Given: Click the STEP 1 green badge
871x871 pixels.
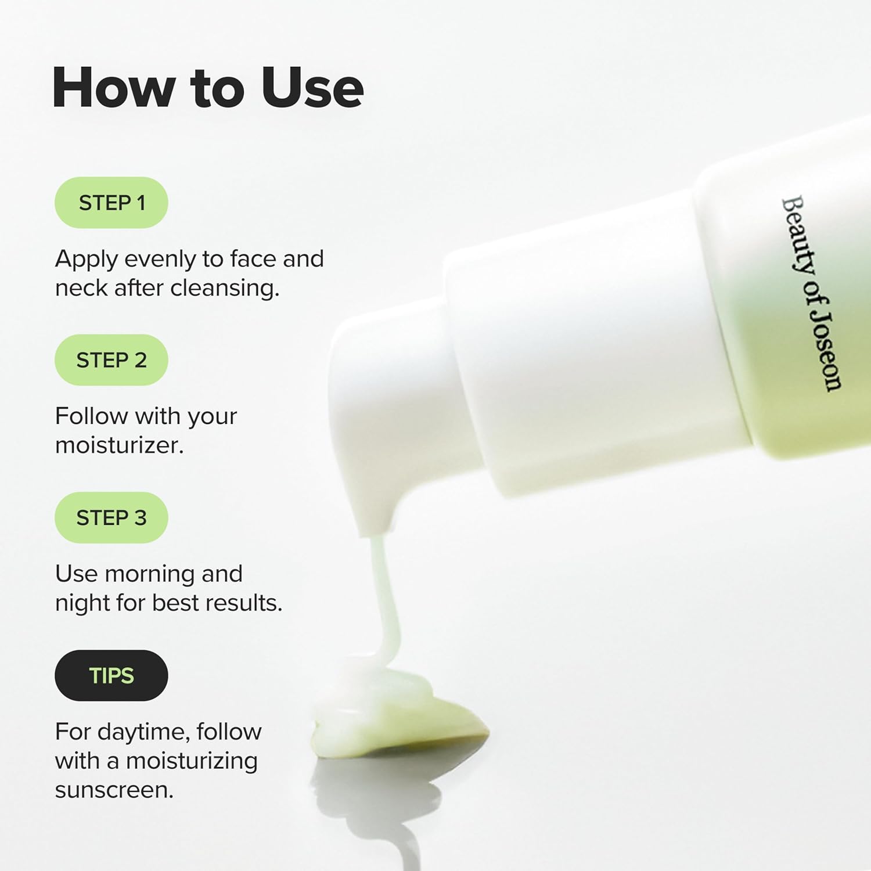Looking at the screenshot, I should [111, 203].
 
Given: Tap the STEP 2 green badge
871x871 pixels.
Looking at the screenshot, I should [111, 360].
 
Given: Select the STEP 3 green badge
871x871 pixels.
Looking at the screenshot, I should [111, 517].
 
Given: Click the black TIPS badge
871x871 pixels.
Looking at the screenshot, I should [111, 675].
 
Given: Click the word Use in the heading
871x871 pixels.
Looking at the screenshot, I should [312, 88].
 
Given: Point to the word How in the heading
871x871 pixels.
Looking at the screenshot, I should [114, 88].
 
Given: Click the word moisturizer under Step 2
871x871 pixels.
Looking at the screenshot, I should [119, 445].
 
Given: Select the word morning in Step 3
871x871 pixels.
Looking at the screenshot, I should [149, 574].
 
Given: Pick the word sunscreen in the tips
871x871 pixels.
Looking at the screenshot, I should [114, 790].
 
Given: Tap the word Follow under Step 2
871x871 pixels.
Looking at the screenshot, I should [91, 416].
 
